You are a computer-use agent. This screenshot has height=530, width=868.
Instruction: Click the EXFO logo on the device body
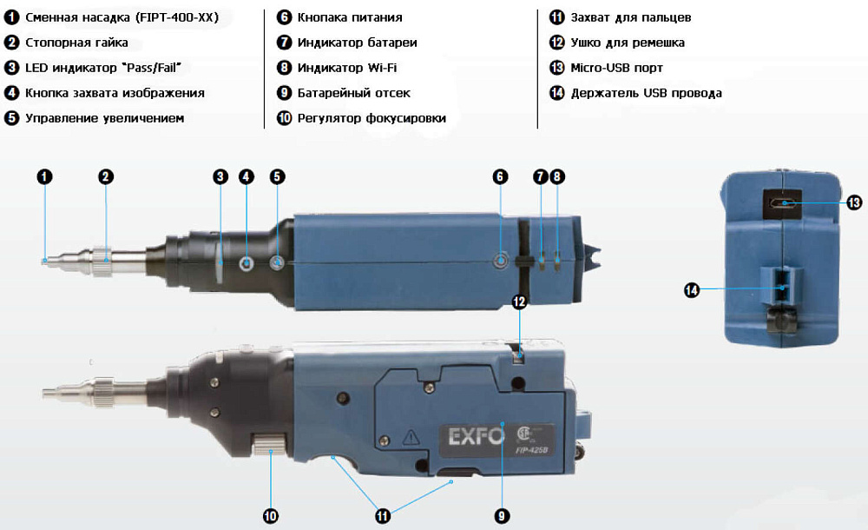click(x=476, y=436)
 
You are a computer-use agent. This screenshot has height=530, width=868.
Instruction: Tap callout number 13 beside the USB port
click(x=854, y=202)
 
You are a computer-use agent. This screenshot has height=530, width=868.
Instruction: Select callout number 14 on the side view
click(x=692, y=290)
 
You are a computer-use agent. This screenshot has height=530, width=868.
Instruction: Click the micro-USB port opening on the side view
click(x=783, y=203)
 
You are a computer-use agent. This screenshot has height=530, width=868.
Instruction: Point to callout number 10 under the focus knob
click(x=270, y=516)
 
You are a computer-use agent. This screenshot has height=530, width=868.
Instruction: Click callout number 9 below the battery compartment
click(x=502, y=516)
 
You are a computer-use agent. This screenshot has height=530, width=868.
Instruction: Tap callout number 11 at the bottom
click(x=383, y=516)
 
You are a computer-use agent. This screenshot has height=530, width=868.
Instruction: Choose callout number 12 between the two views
click(x=519, y=301)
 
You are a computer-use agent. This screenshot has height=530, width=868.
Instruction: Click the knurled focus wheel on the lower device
click(x=270, y=444)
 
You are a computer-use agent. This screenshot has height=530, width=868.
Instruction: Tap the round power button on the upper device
click(x=501, y=260)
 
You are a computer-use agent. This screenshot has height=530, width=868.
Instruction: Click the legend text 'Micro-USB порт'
click(x=616, y=68)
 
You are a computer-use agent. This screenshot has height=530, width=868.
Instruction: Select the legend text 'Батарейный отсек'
click(x=354, y=93)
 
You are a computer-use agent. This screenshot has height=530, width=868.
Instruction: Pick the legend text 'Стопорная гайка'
click(x=76, y=43)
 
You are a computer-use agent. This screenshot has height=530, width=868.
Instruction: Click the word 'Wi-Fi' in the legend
click(x=382, y=68)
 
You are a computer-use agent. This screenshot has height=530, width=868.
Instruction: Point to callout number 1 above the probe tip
click(x=45, y=177)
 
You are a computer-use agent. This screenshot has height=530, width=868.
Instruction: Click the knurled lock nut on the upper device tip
click(x=102, y=261)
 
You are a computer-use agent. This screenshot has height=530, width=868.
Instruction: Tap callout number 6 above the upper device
click(x=500, y=177)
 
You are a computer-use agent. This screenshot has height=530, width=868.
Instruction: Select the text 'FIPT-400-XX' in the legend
click(x=177, y=17)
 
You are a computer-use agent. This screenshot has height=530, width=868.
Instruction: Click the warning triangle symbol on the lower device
click(x=411, y=437)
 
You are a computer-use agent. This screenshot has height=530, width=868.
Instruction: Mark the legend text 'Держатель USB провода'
click(x=646, y=93)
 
